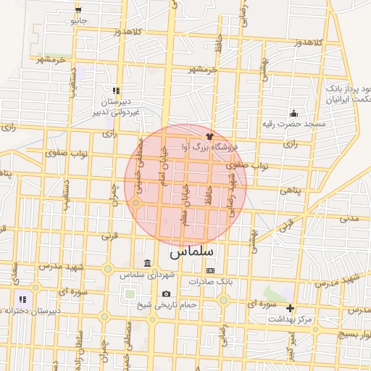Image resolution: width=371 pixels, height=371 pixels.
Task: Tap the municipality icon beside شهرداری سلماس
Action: (148, 262)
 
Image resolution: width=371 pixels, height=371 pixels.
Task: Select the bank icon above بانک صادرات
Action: (210, 270)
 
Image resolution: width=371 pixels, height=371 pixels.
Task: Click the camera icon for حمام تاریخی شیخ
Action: (167, 294)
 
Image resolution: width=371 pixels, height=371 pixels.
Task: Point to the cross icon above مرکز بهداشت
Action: (291, 308)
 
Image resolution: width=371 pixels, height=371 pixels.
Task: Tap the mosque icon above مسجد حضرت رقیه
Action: (293, 113)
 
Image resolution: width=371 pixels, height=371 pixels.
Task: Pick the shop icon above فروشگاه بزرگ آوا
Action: (210, 134)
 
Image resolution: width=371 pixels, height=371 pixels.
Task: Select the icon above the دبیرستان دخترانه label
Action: (22, 299)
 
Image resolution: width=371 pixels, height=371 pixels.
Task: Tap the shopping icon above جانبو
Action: (78, 10)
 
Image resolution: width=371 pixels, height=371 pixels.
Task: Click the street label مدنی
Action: (349, 217)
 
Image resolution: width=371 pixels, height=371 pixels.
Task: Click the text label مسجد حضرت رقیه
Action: (294, 124)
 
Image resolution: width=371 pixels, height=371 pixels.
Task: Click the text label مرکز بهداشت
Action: (290, 319)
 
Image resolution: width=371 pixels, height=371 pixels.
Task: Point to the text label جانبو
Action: (78, 20)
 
